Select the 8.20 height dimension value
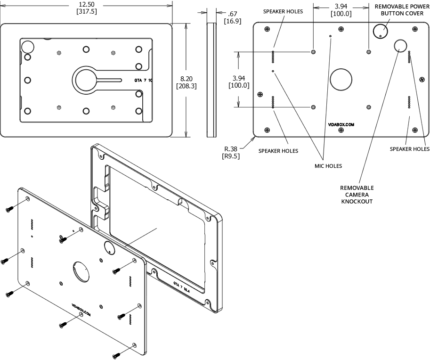(x=186, y=79)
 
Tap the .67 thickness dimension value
(x=232, y=14)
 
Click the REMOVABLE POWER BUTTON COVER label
(x=401, y=10)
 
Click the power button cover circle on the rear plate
(x=381, y=32)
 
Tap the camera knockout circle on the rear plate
(x=401, y=46)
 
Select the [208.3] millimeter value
(x=186, y=87)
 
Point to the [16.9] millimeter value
(x=233, y=22)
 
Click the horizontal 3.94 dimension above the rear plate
(x=341, y=6)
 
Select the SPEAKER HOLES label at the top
(x=283, y=11)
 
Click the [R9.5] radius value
(x=234, y=156)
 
